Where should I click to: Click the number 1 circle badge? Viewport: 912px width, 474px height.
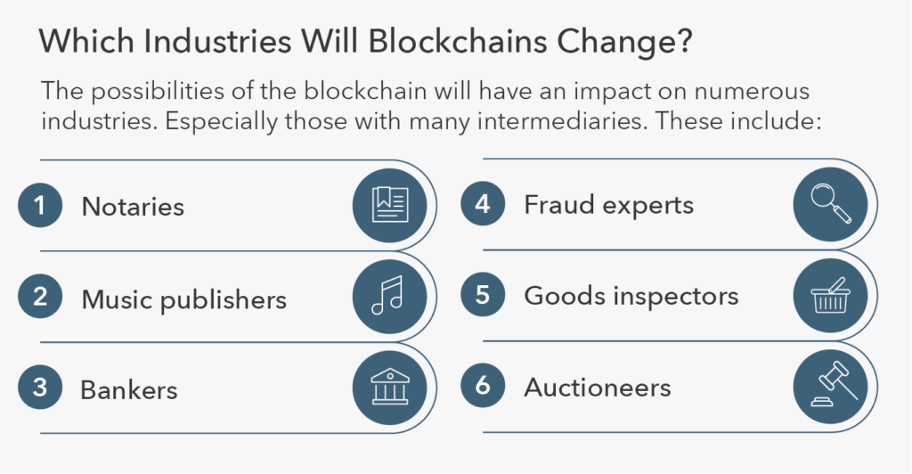(x=40, y=205)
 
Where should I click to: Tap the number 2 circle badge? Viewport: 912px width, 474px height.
(x=40, y=297)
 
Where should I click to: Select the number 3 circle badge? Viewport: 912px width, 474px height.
(x=40, y=388)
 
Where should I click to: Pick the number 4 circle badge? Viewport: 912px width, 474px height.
(x=483, y=203)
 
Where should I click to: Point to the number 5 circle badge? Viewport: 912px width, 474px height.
(x=483, y=294)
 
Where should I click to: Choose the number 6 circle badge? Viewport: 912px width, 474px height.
(x=483, y=385)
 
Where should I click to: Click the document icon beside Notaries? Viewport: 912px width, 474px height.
(x=390, y=205)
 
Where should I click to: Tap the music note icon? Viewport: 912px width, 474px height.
(x=387, y=296)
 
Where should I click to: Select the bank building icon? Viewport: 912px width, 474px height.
(x=390, y=387)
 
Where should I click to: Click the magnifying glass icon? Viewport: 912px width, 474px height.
(x=831, y=203)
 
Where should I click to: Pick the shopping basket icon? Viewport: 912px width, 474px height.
(x=831, y=296)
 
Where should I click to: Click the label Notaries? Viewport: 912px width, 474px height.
(x=133, y=207)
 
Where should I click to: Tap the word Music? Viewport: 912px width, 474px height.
(x=118, y=299)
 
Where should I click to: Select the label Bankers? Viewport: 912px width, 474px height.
(x=128, y=389)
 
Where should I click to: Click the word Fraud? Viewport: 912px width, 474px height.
(x=559, y=205)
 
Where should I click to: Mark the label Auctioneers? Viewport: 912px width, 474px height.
(x=598, y=388)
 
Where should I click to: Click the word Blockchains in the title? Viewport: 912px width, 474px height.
(x=458, y=41)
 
